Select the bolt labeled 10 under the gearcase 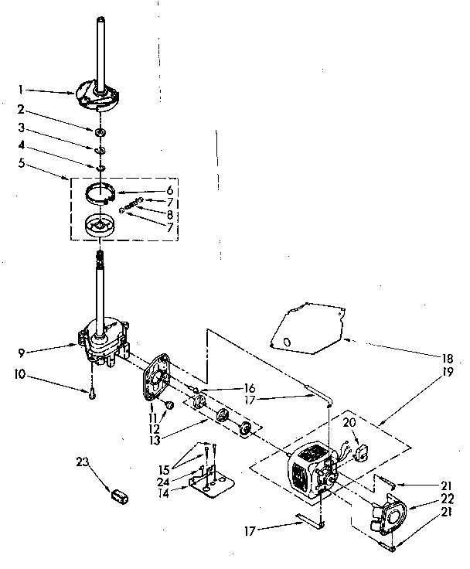click(91, 394)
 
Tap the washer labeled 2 click(100, 132)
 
